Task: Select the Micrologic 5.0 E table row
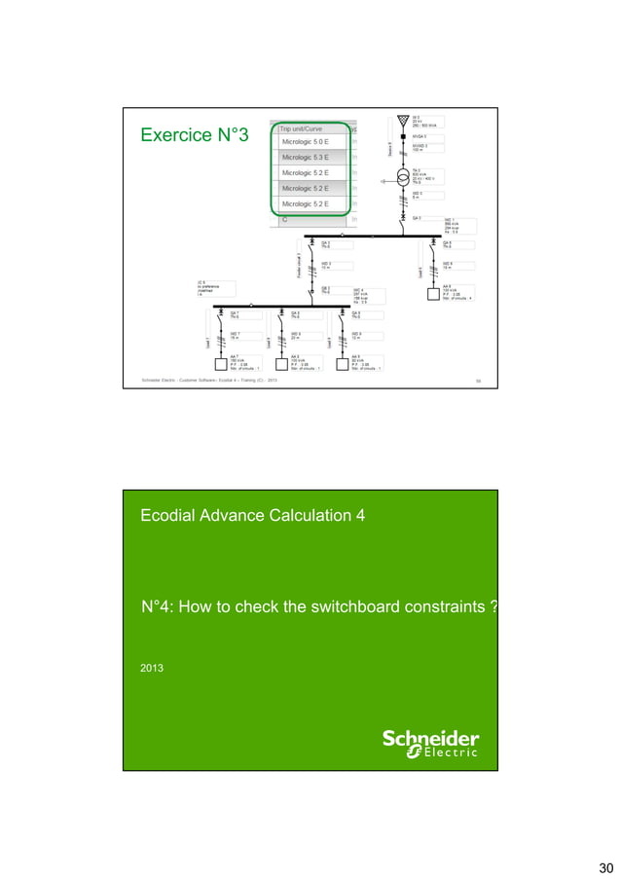coord(306,142)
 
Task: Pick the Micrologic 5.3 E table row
coord(306,157)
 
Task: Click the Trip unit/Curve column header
coord(301,128)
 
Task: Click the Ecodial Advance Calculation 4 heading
coord(253,516)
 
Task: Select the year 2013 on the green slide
coord(153,670)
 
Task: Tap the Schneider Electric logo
coord(430,742)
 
